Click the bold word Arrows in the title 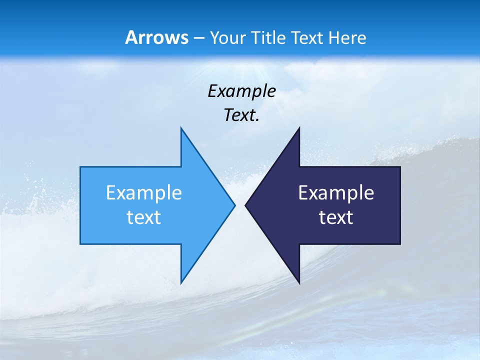point(156,37)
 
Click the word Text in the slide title point(307,38)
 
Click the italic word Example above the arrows point(241,91)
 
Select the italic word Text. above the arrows point(241,115)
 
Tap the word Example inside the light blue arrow point(143,192)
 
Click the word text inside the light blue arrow point(143,217)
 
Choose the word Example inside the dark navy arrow point(336,192)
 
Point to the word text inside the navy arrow point(336,217)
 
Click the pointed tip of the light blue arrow point(234,205)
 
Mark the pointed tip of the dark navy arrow point(245,205)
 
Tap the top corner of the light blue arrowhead point(181,128)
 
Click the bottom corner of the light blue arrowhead point(181,282)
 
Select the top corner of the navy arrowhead point(299,128)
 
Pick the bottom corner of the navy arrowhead point(299,282)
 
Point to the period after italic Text point(257,120)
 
